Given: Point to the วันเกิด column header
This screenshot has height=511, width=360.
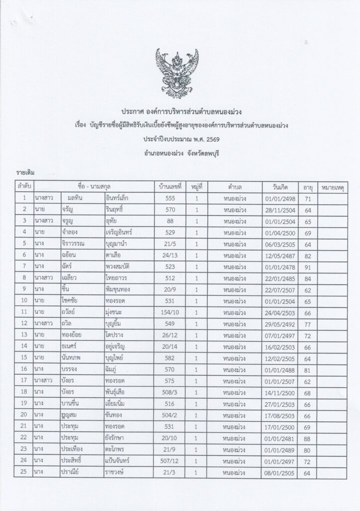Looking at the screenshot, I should [282, 187].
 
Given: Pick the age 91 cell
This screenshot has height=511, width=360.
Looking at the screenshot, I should [308, 267].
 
